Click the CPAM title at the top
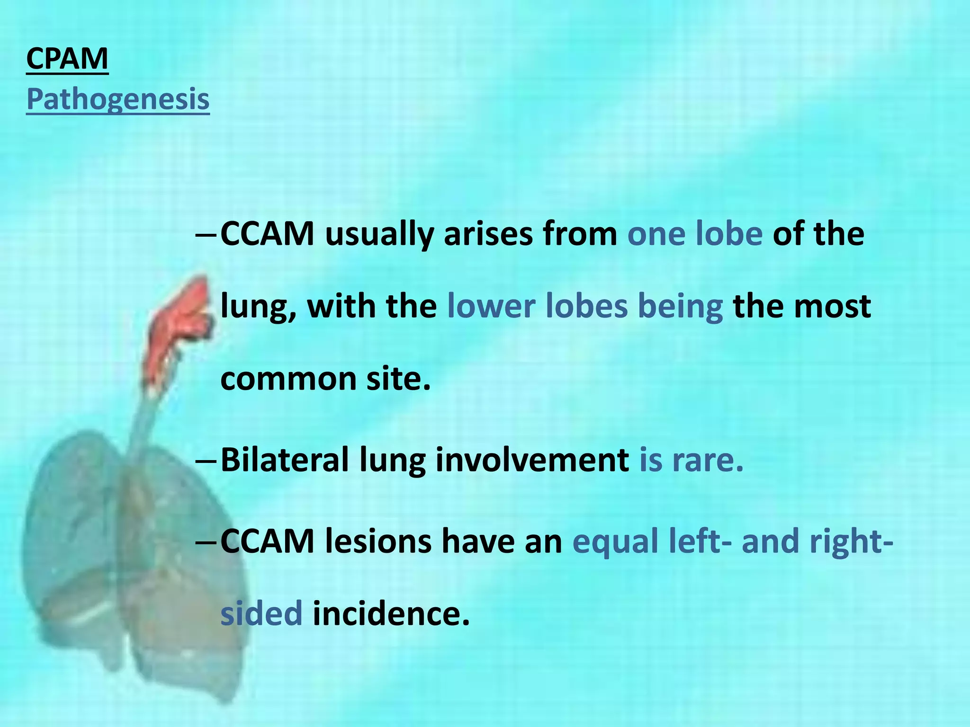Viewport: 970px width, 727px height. (67, 59)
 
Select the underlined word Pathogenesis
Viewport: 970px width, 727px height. (118, 99)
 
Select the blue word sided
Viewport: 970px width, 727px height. (261, 613)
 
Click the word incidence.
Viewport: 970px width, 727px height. (391, 613)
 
